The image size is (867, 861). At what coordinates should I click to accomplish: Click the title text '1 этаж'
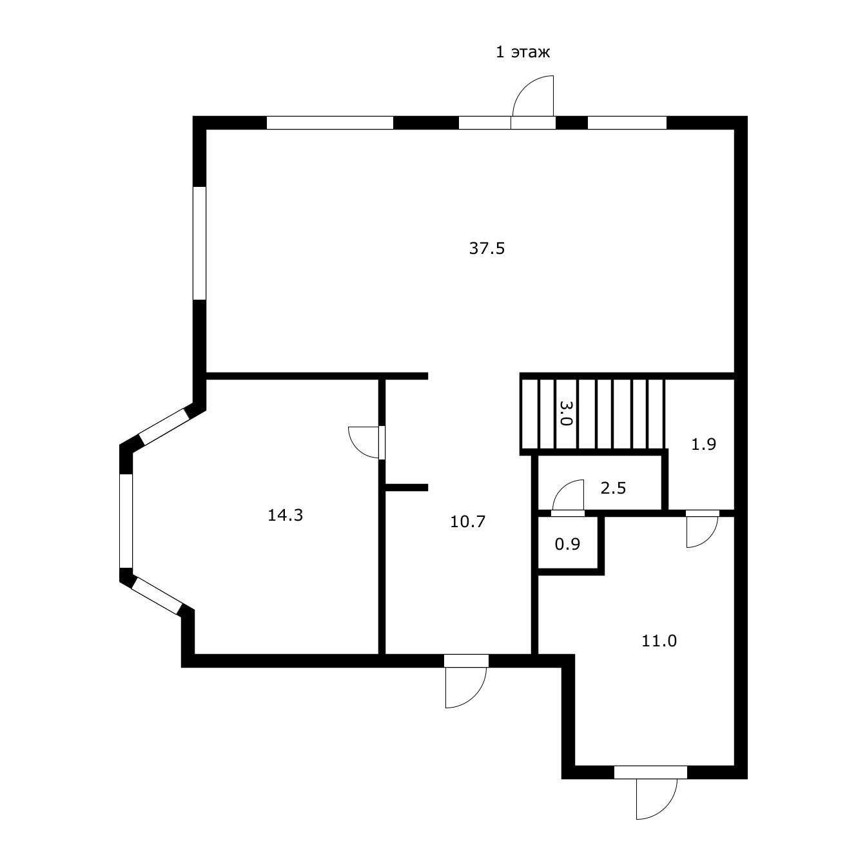522,52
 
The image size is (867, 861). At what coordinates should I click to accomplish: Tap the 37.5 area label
487,248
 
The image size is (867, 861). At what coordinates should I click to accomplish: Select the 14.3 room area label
286,515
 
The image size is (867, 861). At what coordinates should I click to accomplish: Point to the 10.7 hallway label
467,521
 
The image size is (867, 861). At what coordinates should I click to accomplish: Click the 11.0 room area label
659,641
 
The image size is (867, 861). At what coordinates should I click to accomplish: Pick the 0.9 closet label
567,545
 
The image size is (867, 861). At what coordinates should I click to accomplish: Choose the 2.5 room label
613,488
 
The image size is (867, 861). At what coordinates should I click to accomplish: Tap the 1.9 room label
703,445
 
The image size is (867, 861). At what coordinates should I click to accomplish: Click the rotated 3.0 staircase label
565,413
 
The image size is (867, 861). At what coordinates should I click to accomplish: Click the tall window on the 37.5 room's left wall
199,243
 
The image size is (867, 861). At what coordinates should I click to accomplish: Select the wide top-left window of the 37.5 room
330,123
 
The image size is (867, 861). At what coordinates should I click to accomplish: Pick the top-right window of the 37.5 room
627,123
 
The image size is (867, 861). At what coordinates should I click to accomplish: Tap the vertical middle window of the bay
126,521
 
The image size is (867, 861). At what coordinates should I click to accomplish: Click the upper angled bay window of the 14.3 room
163,425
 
